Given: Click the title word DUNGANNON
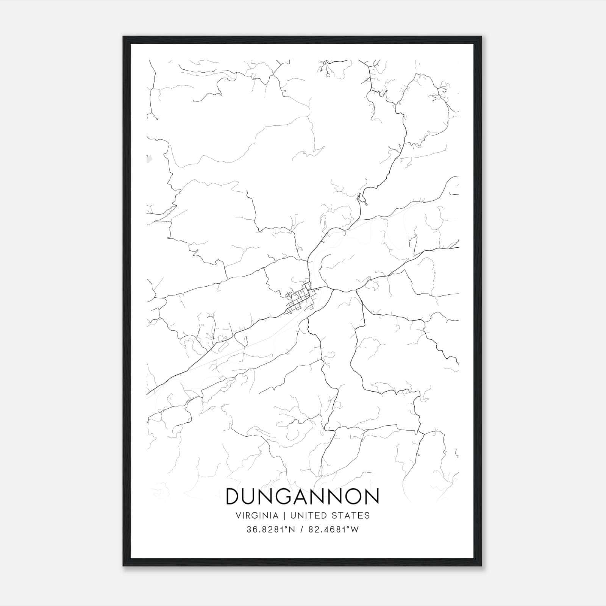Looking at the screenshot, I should coord(302,497).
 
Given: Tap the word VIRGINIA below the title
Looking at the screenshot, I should coord(257,515).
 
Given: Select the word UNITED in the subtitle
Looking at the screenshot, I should coord(305,515).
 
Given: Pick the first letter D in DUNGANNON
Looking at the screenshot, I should coord(232,497).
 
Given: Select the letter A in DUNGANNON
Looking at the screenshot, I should coord(303,497).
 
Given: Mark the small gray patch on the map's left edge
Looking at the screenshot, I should coord(148,159).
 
